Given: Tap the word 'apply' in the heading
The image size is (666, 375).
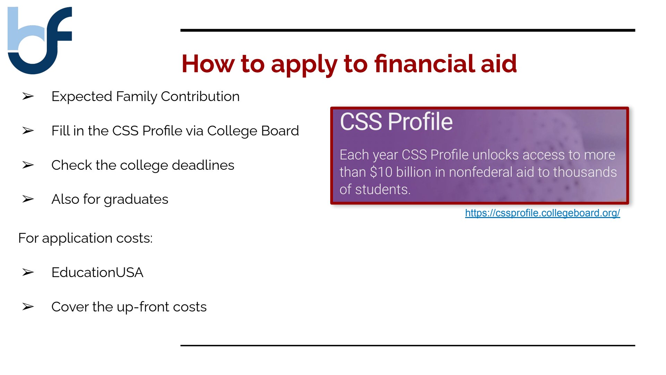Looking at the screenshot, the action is point(304,65).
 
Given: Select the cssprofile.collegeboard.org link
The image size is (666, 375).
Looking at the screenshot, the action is point(543,213).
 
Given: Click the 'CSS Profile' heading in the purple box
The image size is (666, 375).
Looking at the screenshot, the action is point(396,122).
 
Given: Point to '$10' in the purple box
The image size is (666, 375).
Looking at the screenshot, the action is point(381,172).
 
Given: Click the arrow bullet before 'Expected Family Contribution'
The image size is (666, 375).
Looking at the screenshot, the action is point(28,96).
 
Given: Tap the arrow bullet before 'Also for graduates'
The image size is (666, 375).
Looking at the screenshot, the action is point(28,199).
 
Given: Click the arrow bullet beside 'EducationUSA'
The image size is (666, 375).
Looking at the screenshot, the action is point(28,272).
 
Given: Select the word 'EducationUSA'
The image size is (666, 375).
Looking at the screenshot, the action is point(97,272).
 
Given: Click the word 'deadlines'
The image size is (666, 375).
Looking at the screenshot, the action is point(203,165).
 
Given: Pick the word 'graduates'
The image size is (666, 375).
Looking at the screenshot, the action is point(136,200).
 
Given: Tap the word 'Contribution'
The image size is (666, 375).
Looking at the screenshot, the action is point(200,96).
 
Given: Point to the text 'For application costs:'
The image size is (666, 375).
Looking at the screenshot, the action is point(85,238).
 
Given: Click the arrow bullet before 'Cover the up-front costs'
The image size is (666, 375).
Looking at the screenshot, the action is point(28,307).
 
